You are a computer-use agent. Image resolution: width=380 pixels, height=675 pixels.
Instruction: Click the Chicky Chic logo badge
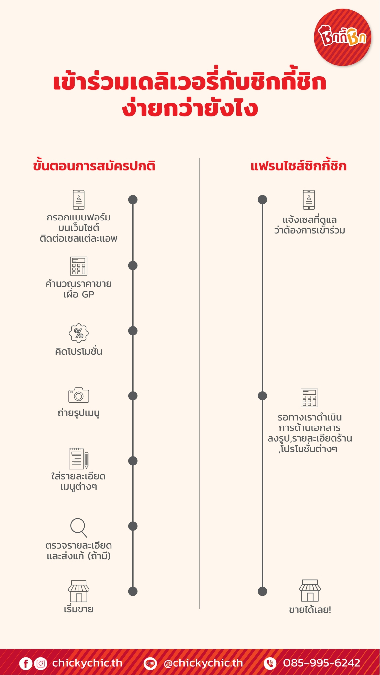pos(342,37)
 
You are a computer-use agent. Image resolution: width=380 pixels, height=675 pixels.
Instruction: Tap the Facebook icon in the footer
pos(26,663)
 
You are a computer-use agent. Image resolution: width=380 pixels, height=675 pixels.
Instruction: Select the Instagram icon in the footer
pos(41,663)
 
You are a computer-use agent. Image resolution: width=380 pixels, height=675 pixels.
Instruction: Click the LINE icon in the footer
pos(150,663)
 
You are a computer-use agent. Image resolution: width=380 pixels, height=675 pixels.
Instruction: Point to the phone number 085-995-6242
pos(321,663)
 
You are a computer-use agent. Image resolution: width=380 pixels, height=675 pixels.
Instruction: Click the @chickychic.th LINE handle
pos(203,663)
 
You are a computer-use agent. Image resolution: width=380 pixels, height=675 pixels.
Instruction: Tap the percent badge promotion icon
pos(79,333)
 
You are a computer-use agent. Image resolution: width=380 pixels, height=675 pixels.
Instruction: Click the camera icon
pos(79,395)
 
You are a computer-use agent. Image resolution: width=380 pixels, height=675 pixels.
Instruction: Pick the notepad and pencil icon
pos(79,458)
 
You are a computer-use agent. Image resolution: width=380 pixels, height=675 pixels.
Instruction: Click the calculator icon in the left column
pos(79,266)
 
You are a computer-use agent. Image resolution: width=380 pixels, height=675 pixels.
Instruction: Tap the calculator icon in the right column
pos(309,398)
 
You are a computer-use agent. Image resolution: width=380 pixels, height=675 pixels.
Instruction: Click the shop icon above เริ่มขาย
pos(79,591)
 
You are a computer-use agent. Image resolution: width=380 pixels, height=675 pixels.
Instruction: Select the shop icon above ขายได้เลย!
pos(309,591)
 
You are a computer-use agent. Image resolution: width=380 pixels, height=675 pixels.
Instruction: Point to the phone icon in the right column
pos(309,199)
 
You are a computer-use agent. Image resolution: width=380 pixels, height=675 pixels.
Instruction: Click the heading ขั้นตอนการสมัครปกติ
pos(94,165)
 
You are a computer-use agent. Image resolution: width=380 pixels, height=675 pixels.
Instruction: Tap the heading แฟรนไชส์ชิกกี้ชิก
pos(299,165)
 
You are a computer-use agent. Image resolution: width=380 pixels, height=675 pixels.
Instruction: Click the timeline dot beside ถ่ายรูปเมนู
pos(133,396)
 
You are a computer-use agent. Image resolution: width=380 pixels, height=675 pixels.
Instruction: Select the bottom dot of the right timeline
pos(262,591)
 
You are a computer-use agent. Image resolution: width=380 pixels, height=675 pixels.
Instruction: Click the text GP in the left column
pos(88,294)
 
